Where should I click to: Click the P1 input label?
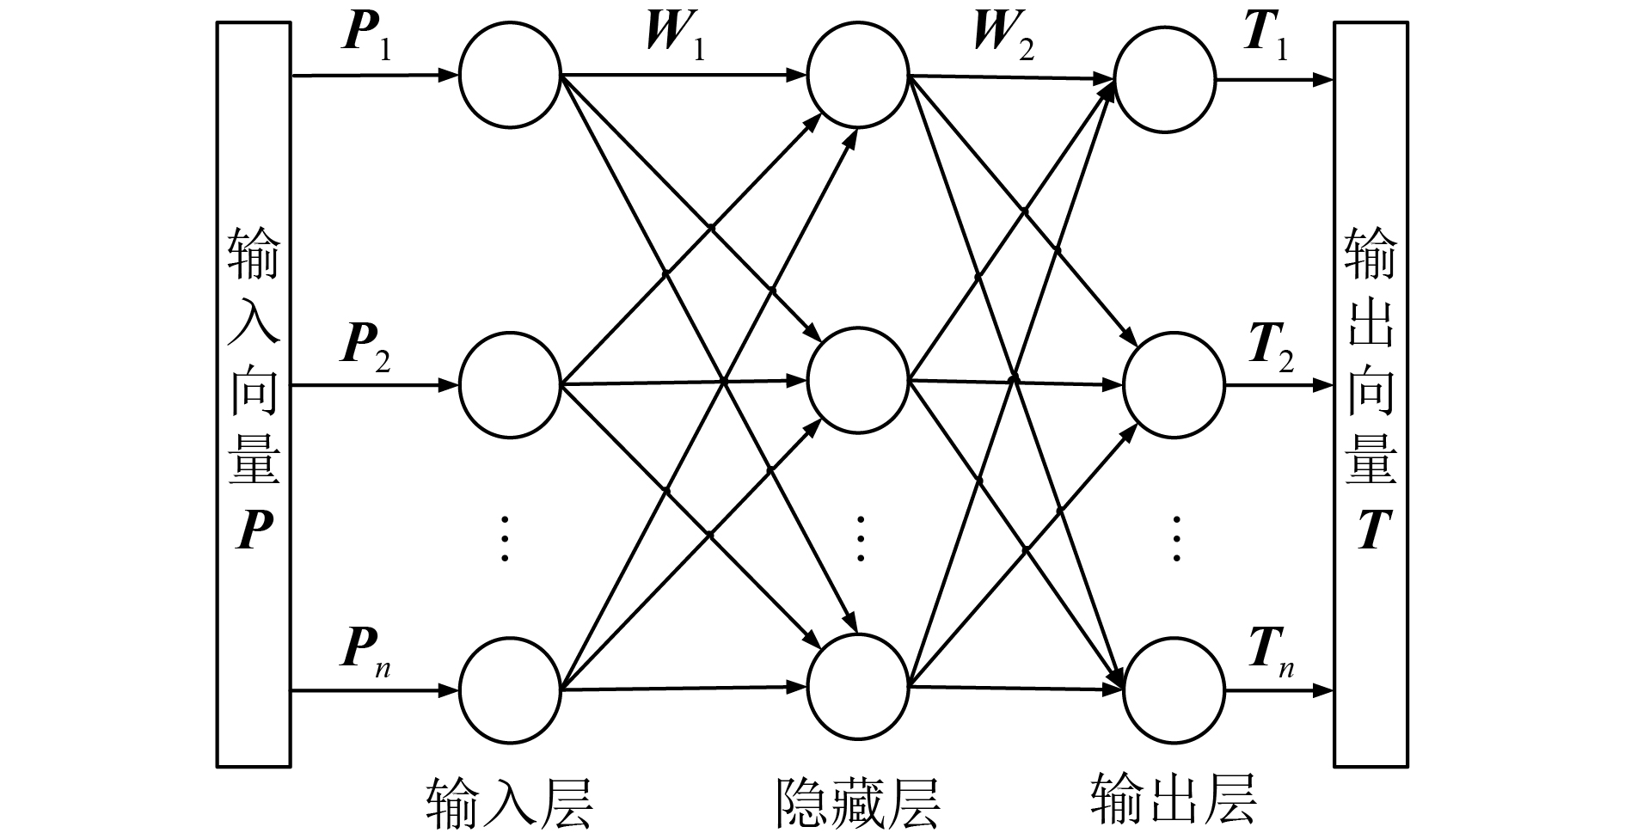(366, 37)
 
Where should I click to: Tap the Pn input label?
(366, 652)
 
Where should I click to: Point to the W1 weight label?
(675, 37)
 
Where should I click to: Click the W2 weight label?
(1003, 37)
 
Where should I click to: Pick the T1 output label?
(1266, 37)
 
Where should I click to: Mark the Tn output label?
(1271, 652)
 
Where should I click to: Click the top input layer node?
(510, 77)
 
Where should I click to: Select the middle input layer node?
(510, 385)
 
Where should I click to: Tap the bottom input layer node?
(510, 689)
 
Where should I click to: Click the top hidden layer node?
(857, 75)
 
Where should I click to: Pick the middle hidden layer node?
(857, 379)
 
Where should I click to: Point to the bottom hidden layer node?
(857, 685)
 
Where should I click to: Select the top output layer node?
(1165, 82)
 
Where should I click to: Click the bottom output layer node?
(1174, 690)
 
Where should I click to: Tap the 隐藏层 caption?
(857, 802)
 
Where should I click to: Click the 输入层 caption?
(509, 802)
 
